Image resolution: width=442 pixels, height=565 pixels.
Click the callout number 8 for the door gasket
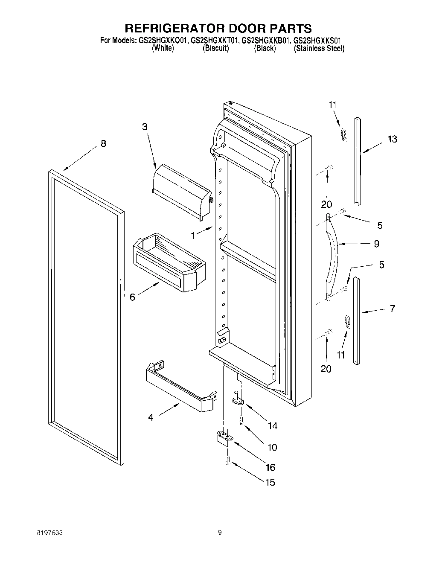[x=103, y=144]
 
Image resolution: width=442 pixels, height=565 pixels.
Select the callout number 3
[x=145, y=126]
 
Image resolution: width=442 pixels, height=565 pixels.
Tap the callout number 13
[x=392, y=139]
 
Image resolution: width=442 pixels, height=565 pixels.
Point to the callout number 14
[x=272, y=425]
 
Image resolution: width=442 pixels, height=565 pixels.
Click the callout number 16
[x=270, y=467]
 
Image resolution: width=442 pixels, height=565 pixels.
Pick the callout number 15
[x=270, y=483]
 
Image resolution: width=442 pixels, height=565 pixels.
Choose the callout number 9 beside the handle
[x=376, y=244]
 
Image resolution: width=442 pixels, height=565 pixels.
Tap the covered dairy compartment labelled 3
[x=181, y=190]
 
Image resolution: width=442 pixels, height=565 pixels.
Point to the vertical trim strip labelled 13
[x=358, y=162]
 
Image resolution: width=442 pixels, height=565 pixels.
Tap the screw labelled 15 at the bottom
[x=228, y=461]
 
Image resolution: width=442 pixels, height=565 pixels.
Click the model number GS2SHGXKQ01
[x=163, y=41]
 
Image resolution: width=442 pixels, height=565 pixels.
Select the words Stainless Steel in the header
[x=319, y=49]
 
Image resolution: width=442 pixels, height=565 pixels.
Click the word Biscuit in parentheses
[x=216, y=49]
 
